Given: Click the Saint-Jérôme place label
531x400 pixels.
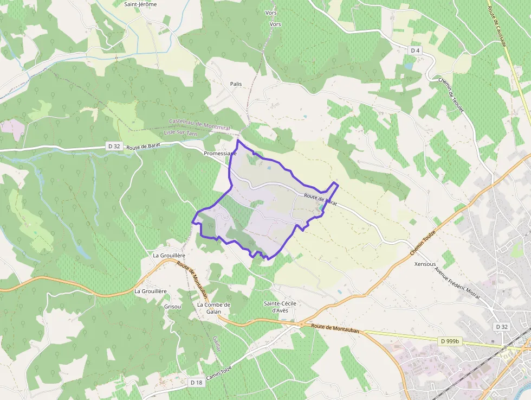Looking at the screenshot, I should click(140, 4).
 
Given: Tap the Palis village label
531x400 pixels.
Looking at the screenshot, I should click(236, 84).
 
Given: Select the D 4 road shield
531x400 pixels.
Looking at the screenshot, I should click(415, 50).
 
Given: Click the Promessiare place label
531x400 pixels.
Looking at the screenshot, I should click(220, 154).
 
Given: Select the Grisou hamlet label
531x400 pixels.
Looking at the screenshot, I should click(172, 306).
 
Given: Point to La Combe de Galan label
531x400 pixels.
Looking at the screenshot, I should click(214, 308).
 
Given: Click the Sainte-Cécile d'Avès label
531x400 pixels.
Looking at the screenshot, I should click(280, 306).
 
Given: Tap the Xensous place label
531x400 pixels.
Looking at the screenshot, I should click(425, 264).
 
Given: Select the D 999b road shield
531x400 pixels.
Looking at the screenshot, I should click(449, 341).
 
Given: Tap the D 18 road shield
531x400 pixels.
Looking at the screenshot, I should click(196, 383).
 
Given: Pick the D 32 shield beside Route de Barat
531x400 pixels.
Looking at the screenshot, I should click(114, 146).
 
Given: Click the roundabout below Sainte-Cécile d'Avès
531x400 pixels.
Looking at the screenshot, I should click(301, 325).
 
